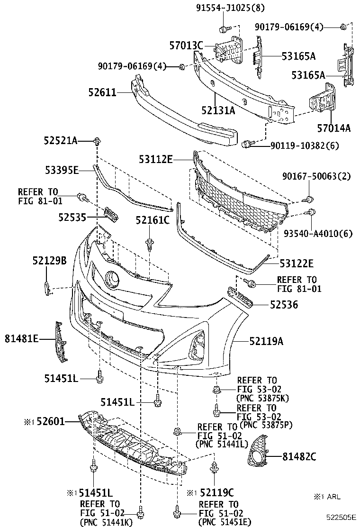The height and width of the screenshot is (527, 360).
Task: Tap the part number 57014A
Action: pyautogui.click(x=334, y=128)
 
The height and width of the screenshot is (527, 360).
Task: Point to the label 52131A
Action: pyautogui.click(x=218, y=111)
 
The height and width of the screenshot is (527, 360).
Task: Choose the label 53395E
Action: pyautogui.click(x=75, y=170)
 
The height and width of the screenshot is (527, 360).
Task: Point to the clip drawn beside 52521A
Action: pyautogui.click(x=98, y=141)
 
